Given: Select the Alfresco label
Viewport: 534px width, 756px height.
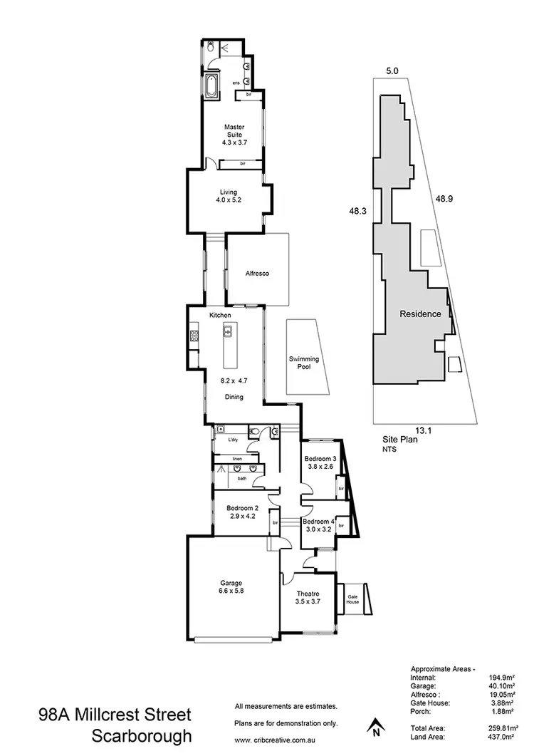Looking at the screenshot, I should click(256, 274).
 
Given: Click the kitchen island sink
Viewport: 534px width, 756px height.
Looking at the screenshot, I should click(229, 331).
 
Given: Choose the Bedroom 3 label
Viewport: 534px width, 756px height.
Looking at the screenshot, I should click(320, 458).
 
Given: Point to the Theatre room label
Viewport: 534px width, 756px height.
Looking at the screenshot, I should click(308, 594).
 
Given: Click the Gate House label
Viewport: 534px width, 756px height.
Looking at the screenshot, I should click(352, 599).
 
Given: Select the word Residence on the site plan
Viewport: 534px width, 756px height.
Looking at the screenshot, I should click(420, 314).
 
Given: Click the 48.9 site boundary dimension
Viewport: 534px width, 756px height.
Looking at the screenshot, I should click(444, 200).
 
